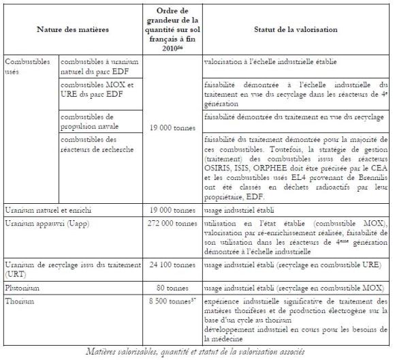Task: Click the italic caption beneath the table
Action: (197, 352)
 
